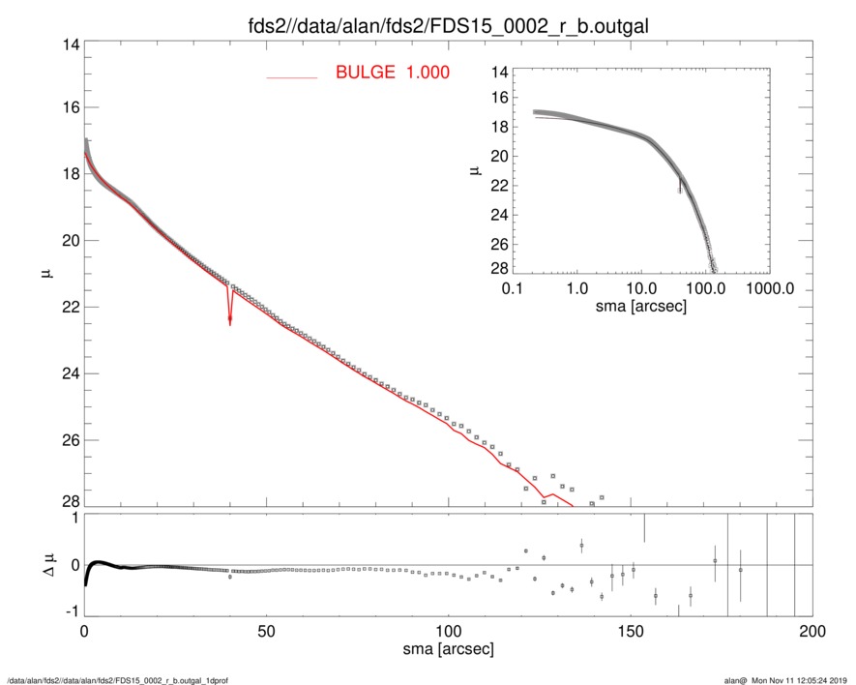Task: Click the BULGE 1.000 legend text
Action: (392, 73)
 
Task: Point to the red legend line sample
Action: (291, 77)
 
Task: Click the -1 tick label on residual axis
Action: (70, 612)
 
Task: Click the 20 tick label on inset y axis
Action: (500, 156)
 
